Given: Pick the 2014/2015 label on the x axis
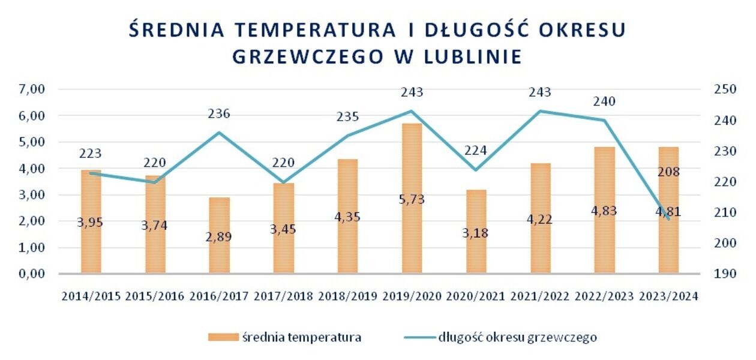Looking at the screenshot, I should [91, 296].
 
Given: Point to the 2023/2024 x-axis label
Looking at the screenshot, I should [668, 296].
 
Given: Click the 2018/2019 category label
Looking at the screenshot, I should [348, 296].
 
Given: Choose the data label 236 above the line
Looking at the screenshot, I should [219, 114].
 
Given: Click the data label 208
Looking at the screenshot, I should [668, 172].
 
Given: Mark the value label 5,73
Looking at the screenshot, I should [412, 199].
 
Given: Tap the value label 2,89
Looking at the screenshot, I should [219, 236].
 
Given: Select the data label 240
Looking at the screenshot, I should [604, 102].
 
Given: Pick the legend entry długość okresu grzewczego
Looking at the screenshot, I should [517, 337].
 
